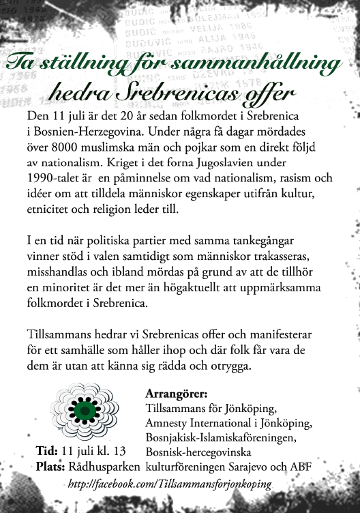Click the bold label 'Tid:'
(x=46, y=452)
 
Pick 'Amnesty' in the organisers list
(x=168, y=424)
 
